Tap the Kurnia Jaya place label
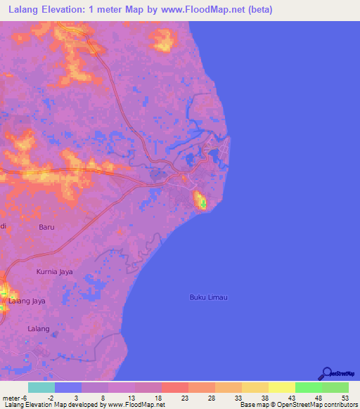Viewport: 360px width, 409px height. [54, 271]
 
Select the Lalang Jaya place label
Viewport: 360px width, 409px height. [27, 301]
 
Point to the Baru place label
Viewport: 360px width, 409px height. [46, 227]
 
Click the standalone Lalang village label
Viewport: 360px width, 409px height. [38, 329]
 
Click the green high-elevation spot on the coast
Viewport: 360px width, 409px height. [203, 204]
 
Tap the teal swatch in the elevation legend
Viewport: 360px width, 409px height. [41, 387]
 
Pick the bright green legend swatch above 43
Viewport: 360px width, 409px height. [308, 387]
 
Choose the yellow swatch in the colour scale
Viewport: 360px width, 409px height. [281, 387]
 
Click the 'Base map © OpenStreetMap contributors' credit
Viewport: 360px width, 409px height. [298, 405]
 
